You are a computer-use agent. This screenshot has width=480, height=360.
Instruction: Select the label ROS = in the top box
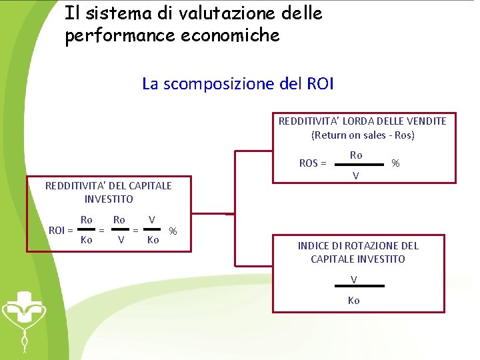click(x=313, y=163)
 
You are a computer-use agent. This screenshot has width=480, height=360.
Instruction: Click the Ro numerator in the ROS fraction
click(x=356, y=155)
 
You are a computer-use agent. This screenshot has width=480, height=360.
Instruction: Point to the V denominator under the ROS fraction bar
click(x=356, y=176)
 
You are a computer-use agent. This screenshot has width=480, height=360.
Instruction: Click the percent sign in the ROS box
click(x=395, y=163)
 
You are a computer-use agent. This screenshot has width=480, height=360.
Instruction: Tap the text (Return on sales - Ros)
click(x=363, y=135)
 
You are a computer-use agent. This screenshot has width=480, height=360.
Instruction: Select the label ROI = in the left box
click(x=61, y=230)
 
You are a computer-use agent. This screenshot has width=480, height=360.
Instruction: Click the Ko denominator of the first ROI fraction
click(x=86, y=240)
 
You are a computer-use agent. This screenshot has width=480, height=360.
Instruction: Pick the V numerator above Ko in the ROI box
click(x=152, y=219)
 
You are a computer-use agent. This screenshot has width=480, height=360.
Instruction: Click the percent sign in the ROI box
click(x=173, y=231)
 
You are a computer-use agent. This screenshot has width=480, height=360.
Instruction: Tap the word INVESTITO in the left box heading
click(x=109, y=199)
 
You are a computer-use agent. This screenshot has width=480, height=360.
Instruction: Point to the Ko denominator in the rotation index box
click(x=354, y=300)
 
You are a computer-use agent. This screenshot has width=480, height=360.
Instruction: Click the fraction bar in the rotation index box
click(x=359, y=285)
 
